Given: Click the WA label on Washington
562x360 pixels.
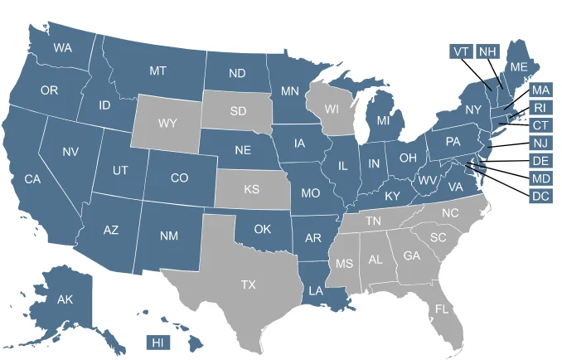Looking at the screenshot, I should [x=62, y=48].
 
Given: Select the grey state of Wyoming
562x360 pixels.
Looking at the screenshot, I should [x=167, y=124].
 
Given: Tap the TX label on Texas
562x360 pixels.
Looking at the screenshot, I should [x=249, y=285].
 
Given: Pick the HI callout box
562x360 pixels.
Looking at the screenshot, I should [x=157, y=342].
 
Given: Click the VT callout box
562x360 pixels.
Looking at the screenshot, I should [x=461, y=51].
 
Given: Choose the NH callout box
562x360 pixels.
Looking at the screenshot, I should [x=487, y=51].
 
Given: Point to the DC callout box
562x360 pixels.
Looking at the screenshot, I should [x=540, y=197].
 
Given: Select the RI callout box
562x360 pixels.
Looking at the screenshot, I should [x=540, y=108].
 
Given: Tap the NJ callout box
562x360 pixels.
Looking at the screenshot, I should [x=540, y=144].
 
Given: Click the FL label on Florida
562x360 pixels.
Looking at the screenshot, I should [x=442, y=309].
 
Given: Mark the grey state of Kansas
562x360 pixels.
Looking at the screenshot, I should [x=252, y=190].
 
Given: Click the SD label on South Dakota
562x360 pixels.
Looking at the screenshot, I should [x=238, y=110].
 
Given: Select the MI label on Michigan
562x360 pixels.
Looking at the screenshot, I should [x=383, y=121].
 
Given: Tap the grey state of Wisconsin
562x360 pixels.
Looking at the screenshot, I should [x=332, y=109].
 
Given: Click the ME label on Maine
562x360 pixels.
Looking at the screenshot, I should [x=519, y=66].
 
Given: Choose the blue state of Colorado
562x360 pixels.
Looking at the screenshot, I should [x=179, y=178].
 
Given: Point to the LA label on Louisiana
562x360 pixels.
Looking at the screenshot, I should [x=316, y=291].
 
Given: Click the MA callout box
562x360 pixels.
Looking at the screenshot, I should [x=540, y=90].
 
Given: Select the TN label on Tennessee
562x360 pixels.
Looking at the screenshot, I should [x=374, y=221].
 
